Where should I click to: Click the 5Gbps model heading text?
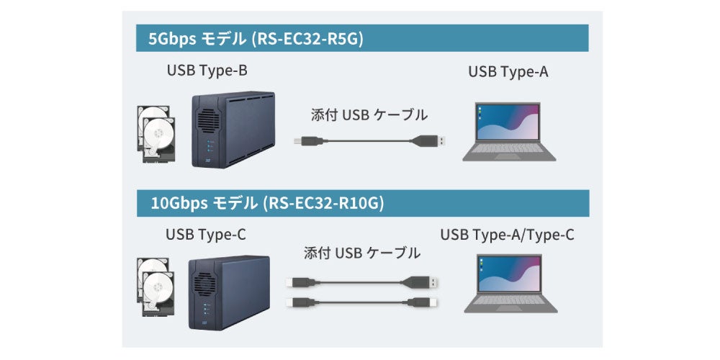point(255,39)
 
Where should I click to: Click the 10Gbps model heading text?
point(266,204)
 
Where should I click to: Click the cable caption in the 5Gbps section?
point(369,114)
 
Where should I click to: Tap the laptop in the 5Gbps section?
point(508,132)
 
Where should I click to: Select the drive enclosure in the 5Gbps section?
point(232,130)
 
